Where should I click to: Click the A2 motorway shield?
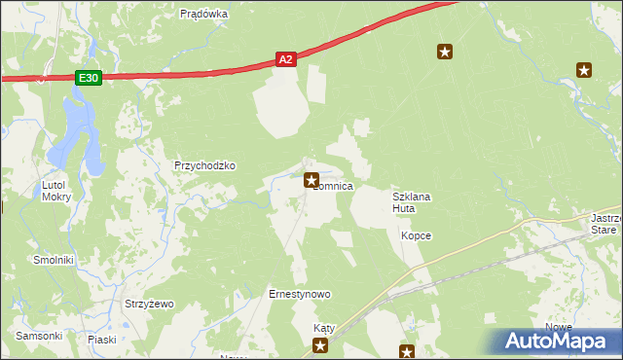pos(285,60)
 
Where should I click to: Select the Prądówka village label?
pos(204,14)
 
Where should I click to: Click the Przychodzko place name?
pos(204,165)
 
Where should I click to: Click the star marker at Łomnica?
pos(311,179)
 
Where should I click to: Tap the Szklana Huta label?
pos(411,202)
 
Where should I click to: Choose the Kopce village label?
pos(416,235)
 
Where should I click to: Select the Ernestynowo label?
pos(300,294)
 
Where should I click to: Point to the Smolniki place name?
pos(54,261)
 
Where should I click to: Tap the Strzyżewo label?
pos(149,304)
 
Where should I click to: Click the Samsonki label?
pos(40,336)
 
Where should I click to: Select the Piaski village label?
pos(102,340)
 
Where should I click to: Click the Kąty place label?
pos(324,329)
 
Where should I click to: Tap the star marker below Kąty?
pos(320,345)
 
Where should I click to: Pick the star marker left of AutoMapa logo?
pos(407,351)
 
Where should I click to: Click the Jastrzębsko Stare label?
pos(605,225)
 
